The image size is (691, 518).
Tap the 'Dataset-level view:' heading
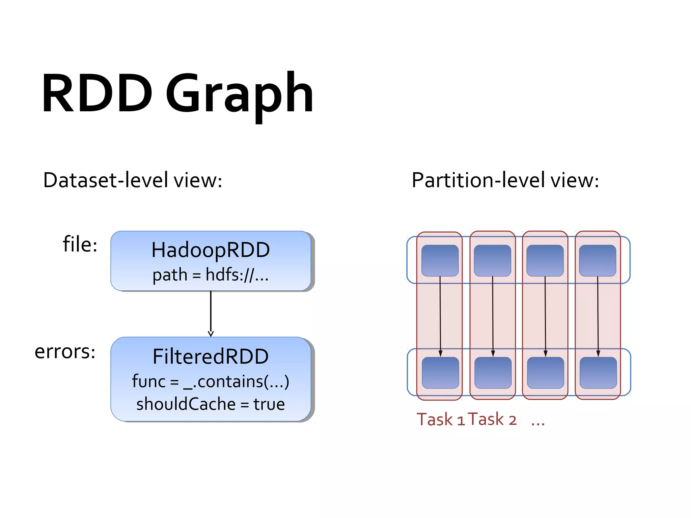[133, 180]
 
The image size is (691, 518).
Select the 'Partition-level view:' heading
[505, 180]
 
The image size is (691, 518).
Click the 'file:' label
[80, 244]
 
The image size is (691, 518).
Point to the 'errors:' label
[65, 351]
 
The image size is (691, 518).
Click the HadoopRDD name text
[211, 250]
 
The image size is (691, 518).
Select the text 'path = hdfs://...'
[211, 275]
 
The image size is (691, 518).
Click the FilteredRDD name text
[211, 356]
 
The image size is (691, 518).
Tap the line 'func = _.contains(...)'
[211, 381]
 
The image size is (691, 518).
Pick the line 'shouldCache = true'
[211, 404]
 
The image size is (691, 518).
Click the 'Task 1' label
[441, 420]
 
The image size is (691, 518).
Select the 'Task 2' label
[492, 420]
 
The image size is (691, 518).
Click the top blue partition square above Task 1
[440, 260]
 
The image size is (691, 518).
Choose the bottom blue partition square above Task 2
[493, 373]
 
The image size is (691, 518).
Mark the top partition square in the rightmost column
[598, 260]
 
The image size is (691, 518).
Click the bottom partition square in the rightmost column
[598, 373]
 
